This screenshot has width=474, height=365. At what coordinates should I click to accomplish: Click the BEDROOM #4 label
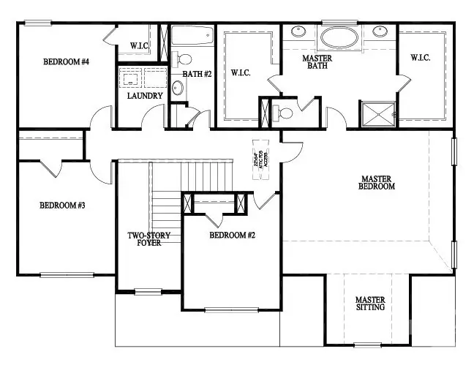[66, 62]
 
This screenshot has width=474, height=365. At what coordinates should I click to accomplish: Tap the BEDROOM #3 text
[62, 206]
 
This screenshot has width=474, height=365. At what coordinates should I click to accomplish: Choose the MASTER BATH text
[317, 62]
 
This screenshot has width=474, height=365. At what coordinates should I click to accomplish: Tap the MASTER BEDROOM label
[377, 182]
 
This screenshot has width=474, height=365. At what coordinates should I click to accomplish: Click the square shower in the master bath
[377, 113]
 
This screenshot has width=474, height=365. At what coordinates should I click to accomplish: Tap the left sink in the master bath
[299, 32]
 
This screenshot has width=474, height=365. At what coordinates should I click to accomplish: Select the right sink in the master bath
[380, 32]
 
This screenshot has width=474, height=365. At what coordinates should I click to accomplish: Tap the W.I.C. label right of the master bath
[420, 57]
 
